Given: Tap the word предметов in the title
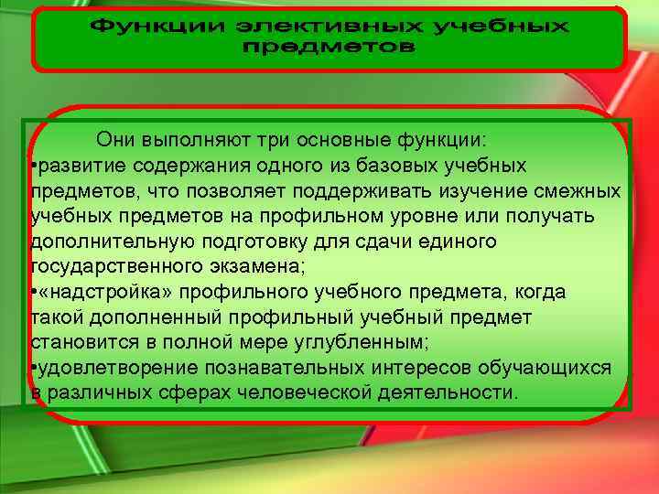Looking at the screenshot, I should coord(329,48).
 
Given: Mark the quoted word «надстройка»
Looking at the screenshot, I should coord(108,292).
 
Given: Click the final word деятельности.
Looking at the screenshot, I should coord(446,392).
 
